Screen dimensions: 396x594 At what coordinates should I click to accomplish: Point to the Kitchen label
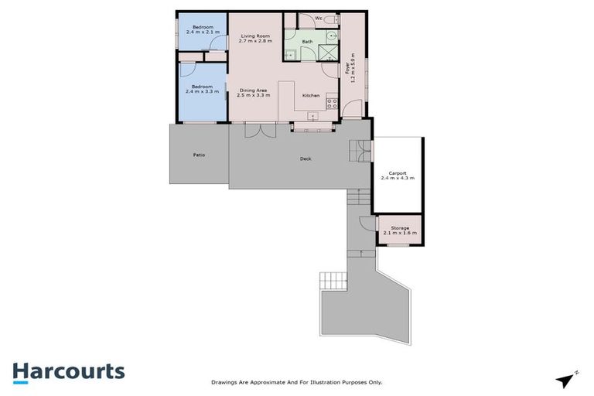pyautogui.click(x=311, y=95)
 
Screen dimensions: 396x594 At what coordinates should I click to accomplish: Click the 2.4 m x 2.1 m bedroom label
pyautogui.click(x=202, y=30)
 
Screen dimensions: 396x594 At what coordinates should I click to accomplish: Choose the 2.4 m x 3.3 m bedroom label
pyautogui.click(x=202, y=89)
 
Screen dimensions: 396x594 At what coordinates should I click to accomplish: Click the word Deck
pyautogui.click(x=306, y=159)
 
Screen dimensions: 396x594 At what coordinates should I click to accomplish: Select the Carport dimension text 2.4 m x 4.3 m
pyautogui.click(x=398, y=178)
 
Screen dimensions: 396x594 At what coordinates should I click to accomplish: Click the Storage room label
pyautogui.click(x=400, y=230)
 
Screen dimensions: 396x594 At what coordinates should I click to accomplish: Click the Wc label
pyautogui.click(x=319, y=18)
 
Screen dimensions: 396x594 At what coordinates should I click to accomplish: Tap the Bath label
pyautogui.click(x=307, y=41)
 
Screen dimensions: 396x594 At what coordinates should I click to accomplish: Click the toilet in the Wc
pyautogui.click(x=329, y=19)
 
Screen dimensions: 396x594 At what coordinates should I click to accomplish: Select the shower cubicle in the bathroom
pyautogui.click(x=329, y=52)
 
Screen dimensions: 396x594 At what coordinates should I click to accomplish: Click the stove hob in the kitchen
pyautogui.click(x=331, y=101)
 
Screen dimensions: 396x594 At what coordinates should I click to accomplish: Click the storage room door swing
pyautogui.click(x=364, y=224)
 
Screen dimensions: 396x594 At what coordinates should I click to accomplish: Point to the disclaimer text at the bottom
pyautogui.click(x=297, y=382)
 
